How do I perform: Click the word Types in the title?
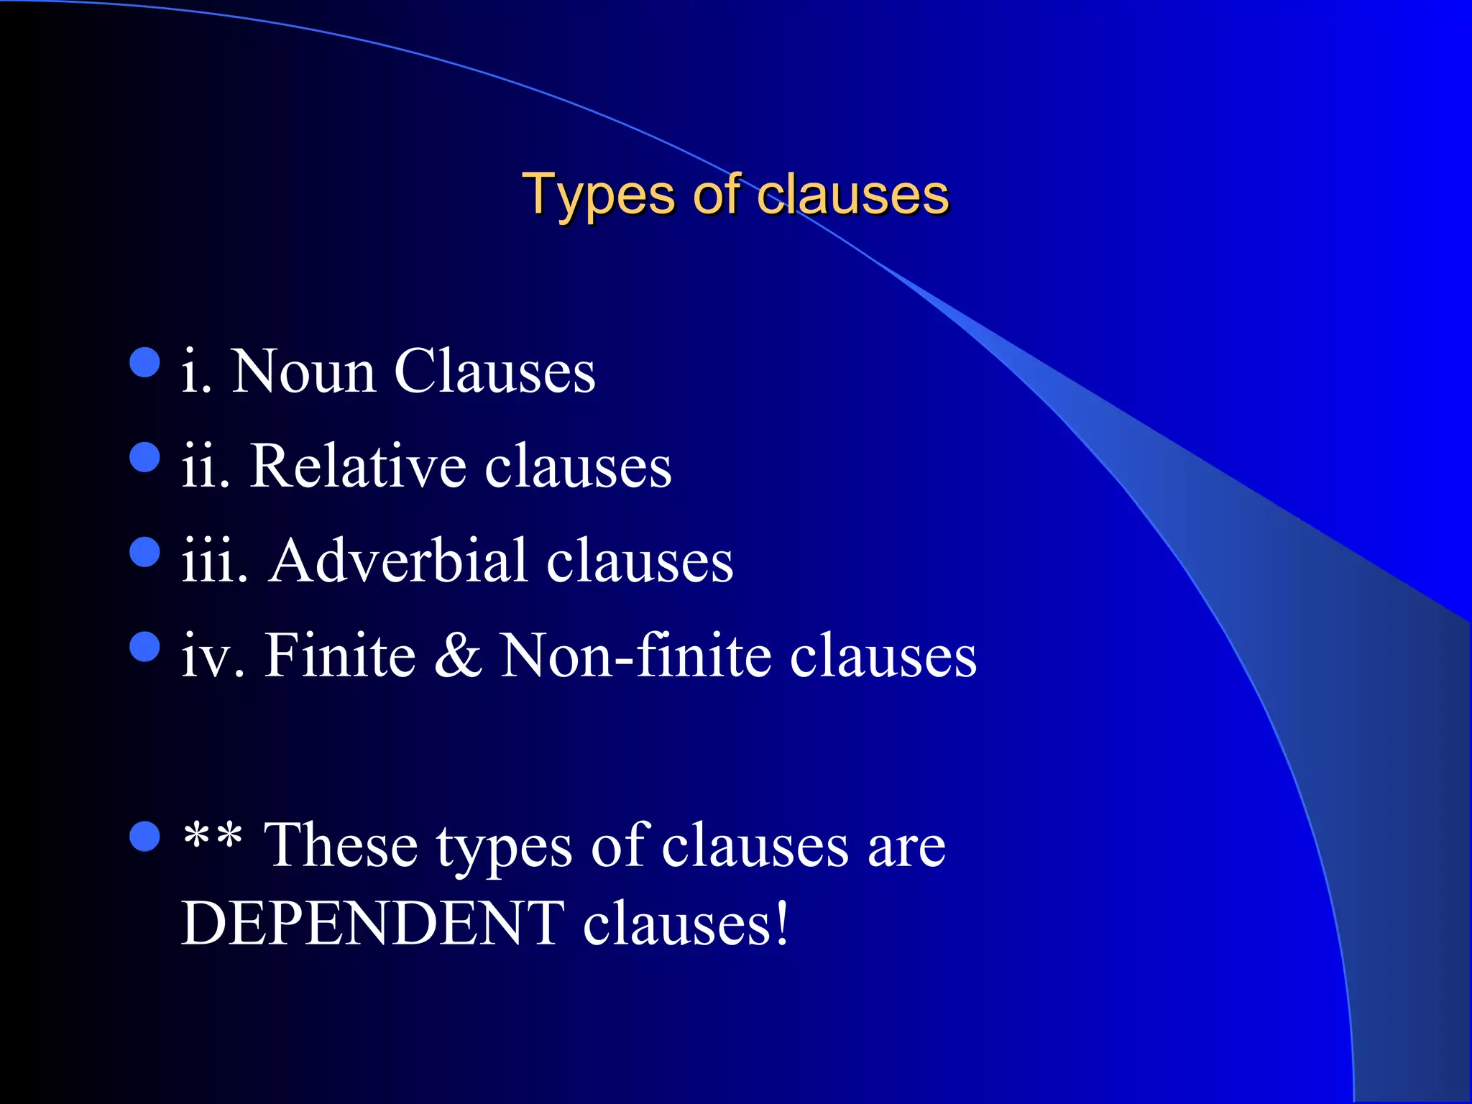pos(597,195)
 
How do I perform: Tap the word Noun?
pos(303,372)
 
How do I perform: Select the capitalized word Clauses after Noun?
pos(494,372)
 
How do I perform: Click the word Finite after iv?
pos(340,655)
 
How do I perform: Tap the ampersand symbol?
pos(458,655)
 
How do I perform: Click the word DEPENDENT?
pos(372,924)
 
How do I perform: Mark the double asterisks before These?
pos(212,838)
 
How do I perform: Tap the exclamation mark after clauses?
pos(781,924)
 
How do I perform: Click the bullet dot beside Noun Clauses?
pos(144,362)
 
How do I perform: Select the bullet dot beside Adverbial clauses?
pos(144,552)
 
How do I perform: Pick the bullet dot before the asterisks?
pos(144,836)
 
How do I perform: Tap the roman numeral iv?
pos(213,655)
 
